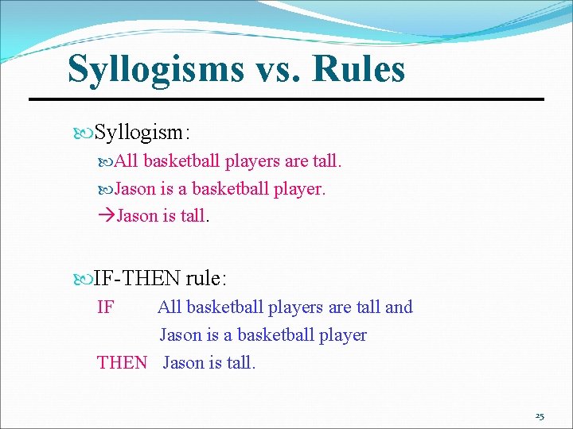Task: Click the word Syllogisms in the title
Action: pos(155,69)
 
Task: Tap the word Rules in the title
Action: pos(359,69)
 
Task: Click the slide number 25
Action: pos(540,416)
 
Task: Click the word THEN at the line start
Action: pos(122,363)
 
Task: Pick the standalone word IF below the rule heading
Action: pos(105,307)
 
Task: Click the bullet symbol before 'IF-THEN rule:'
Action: pos(86,278)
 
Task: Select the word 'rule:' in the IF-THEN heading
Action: pos(206,278)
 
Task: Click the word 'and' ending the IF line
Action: pos(398,307)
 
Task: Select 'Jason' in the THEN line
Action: pos(183,363)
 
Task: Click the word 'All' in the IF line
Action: pos(170,307)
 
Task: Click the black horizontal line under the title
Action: pos(286,99)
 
